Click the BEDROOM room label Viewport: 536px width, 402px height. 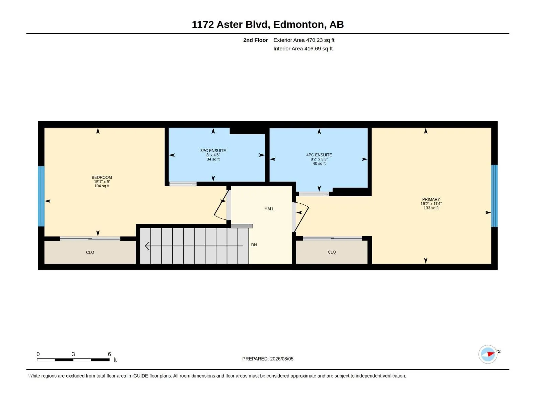102,178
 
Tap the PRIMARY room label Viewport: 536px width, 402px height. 431,199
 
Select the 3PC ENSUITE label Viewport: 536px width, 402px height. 213,151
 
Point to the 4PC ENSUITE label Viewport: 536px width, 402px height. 319,155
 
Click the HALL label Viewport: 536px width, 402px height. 269,209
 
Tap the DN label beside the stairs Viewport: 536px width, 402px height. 254,245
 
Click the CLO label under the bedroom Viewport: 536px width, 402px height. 90,252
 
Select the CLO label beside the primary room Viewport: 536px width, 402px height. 332,252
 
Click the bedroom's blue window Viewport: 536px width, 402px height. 41,196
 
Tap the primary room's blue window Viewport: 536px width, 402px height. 494,196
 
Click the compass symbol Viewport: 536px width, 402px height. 488,354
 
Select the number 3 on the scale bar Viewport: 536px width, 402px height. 73,354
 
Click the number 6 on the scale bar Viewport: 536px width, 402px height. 110,354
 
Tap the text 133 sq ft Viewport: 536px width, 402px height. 431,208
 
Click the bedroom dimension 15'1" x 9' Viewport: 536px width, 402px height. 102,182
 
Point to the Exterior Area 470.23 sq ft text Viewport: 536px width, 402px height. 304,40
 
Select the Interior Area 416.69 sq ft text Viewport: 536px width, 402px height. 303,49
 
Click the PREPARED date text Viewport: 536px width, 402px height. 268,359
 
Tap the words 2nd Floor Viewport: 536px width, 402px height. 255,40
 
